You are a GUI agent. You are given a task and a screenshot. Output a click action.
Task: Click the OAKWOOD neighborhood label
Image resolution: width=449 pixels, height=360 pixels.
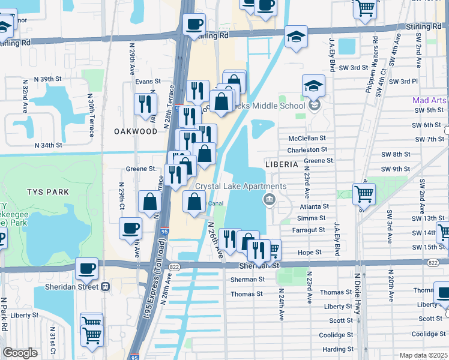[136, 130]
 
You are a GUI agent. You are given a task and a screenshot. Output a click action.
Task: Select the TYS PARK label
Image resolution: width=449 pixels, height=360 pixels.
[48, 192]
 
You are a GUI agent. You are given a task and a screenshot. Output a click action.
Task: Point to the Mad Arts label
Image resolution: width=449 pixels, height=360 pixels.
[429, 100]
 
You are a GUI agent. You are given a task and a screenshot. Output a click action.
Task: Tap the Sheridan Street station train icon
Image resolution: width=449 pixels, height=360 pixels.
[105, 287]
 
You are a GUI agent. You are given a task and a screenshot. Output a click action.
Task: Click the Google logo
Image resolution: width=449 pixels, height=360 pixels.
[20, 353]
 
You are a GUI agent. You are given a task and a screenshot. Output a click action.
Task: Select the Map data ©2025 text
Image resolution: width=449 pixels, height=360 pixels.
[423, 355]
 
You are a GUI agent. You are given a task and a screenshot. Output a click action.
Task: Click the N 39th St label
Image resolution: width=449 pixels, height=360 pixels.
[48, 79]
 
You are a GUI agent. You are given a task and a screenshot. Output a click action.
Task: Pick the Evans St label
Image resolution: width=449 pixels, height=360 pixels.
[148, 81]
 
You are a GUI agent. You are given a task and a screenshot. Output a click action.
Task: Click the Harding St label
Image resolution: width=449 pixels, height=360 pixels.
[338, 349]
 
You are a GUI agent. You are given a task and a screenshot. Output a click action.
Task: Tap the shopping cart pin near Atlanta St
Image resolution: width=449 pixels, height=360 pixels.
[364, 194]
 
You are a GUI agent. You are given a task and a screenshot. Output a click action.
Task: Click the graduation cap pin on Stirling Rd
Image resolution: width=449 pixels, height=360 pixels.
[296, 36]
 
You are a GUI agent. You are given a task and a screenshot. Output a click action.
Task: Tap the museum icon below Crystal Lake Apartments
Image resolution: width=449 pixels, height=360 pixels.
[270, 200]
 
